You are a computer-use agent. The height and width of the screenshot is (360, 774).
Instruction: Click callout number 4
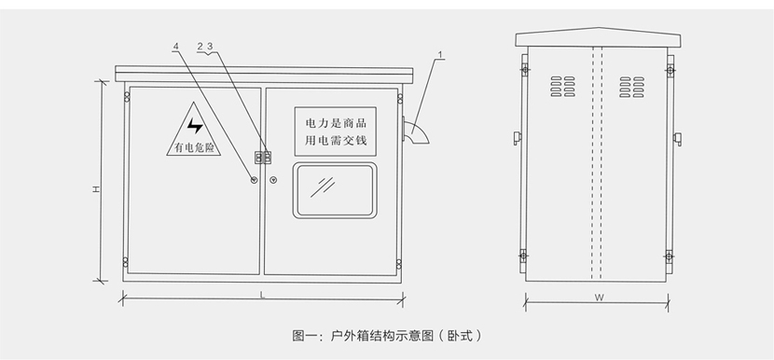(x=176, y=47)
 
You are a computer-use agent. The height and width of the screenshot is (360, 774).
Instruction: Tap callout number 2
(x=200, y=47)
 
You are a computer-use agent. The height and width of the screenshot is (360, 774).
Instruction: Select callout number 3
(x=210, y=47)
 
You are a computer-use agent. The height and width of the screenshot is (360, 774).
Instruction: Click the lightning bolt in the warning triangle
(x=195, y=125)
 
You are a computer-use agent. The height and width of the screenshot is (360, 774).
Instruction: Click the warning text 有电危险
(x=194, y=147)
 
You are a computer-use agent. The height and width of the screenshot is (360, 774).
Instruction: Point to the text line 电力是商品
(x=336, y=123)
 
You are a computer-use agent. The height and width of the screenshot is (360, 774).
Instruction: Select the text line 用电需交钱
(x=336, y=140)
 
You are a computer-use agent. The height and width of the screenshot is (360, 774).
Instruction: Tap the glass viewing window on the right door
(x=335, y=190)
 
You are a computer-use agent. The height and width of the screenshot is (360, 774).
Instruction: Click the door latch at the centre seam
(x=263, y=158)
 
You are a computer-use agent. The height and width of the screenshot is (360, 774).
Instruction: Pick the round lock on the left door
(x=254, y=180)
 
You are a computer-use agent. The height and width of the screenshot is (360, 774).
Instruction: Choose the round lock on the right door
(x=273, y=180)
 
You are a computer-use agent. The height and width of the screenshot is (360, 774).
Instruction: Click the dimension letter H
(x=97, y=189)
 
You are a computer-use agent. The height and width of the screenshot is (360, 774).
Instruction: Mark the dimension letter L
(x=263, y=296)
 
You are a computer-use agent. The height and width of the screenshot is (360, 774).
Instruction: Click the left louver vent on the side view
(x=562, y=87)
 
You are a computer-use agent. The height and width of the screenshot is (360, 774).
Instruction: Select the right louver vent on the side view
(x=632, y=87)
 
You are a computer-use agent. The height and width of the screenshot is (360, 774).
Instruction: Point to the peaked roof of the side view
(x=599, y=37)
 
